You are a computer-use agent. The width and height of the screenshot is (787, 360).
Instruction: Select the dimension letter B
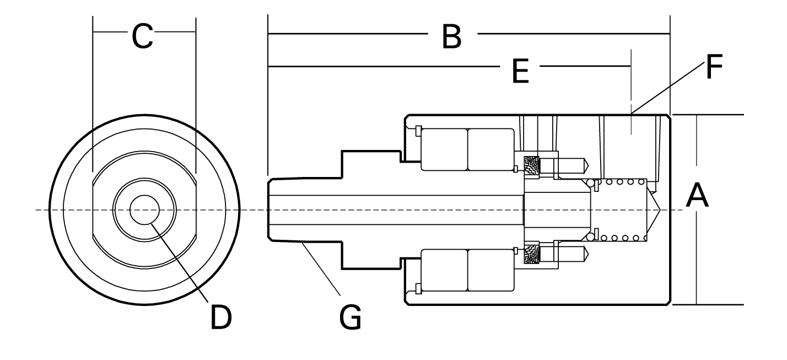pyautogui.click(x=451, y=36)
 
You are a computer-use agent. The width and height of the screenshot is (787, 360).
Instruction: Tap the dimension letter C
pyautogui.click(x=142, y=36)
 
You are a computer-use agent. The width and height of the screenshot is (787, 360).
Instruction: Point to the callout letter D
pyautogui.click(x=220, y=317)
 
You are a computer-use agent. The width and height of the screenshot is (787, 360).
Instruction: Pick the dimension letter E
pyautogui.click(x=520, y=71)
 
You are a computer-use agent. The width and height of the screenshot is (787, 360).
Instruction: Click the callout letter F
pyautogui.click(x=714, y=67)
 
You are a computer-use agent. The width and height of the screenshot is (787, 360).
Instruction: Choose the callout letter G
pyautogui.click(x=351, y=317)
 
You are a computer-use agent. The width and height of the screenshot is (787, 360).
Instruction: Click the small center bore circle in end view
pyautogui.click(x=144, y=210)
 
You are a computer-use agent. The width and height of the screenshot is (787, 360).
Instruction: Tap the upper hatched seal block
pyautogui.click(x=532, y=165)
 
